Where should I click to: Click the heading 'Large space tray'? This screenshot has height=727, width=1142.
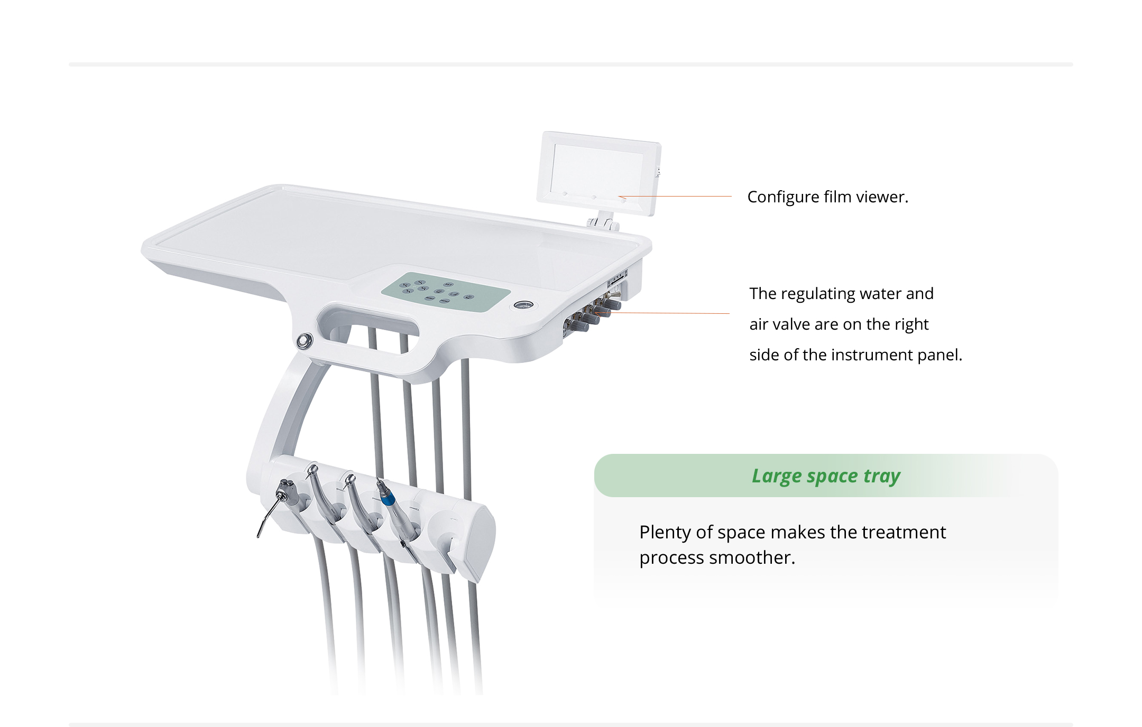tap(826, 476)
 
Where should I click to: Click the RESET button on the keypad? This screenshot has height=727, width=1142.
tap(429, 299)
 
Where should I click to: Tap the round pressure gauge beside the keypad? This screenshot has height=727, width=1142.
tap(523, 305)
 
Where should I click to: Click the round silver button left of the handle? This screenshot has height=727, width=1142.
tap(303, 340)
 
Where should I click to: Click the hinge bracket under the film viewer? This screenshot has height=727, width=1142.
tap(603, 221)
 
